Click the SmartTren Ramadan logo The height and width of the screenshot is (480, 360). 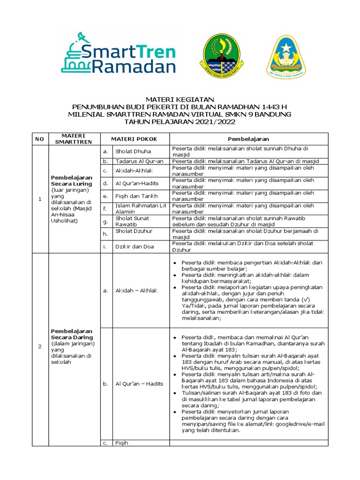118,52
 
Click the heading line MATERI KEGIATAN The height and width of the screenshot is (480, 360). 180,99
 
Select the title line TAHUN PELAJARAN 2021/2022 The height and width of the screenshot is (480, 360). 180,122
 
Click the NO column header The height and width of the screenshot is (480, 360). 39,139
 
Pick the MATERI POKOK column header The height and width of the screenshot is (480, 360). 134,139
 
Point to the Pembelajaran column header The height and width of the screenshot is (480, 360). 248,139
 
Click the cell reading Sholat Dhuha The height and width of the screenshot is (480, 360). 134,152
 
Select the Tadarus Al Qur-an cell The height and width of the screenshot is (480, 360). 137,161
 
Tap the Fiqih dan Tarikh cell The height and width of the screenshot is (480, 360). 137,195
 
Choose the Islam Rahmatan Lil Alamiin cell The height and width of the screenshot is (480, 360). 140,208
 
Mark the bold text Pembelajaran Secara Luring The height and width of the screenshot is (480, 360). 72,180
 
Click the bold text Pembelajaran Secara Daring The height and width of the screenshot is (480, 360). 72,334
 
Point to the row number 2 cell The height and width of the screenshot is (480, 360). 39,346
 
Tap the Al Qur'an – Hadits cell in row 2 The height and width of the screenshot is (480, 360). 139,383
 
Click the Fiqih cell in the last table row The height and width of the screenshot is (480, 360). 121,442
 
